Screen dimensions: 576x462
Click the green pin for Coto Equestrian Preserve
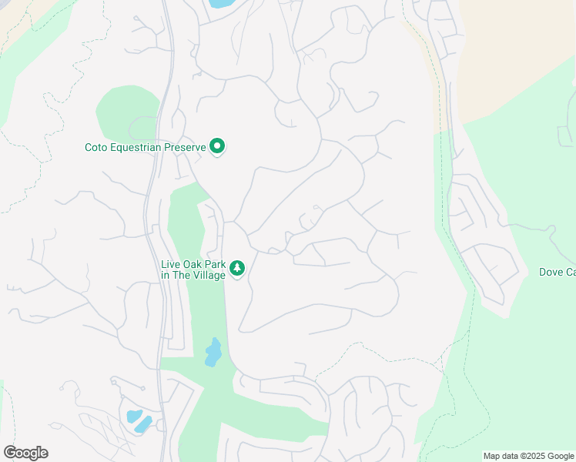point(217,146)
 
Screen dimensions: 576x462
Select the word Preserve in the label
point(188,146)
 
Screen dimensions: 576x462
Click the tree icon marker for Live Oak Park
point(238,268)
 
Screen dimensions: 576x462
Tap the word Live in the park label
point(169,265)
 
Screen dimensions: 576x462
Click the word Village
point(209,275)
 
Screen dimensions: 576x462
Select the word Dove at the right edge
point(551,272)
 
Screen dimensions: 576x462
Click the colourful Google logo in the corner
point(25,453)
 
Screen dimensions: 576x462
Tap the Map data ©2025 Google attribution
point(528,456)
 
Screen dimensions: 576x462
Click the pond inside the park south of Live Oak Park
point(213,353)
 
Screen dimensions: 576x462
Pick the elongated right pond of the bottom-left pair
point(144,424)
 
